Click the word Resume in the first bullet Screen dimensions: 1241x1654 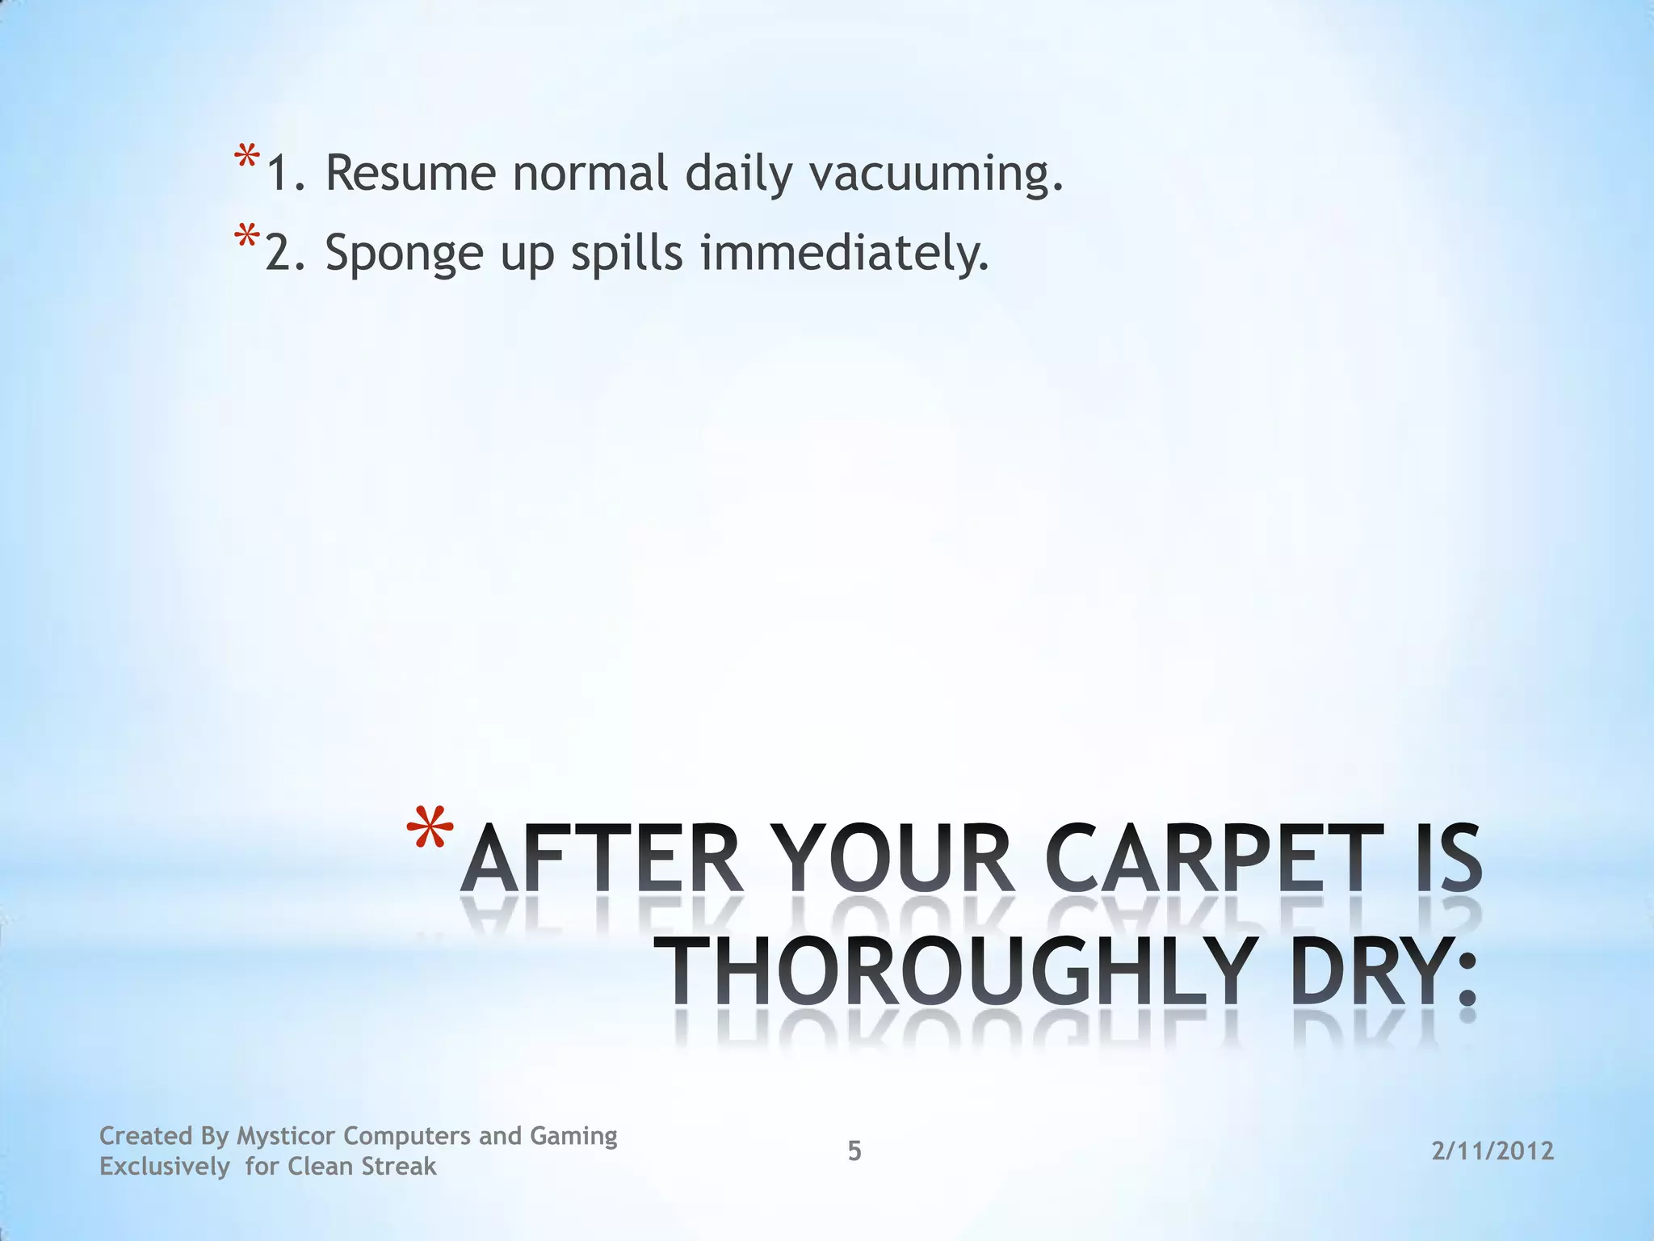(x=410, y=173)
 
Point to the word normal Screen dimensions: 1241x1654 (x=590, y=173)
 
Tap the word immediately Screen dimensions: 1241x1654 (x=844, y=254)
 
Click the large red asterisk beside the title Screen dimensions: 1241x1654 (x=430, y=832)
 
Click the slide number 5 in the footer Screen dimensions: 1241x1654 (x=854, y=1151)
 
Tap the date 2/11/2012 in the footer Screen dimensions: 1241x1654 (x=1492, y=1151)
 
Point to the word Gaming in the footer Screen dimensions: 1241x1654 (x=573, y=1136)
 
